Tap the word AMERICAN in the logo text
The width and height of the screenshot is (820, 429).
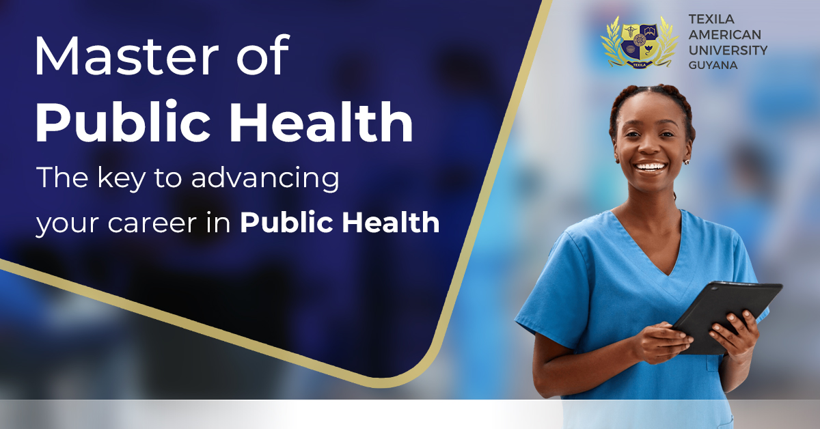click(x=725, y=35)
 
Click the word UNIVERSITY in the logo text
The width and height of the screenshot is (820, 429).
click(x=728, y=51)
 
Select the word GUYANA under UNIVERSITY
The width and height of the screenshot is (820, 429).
click(x=713, y=66)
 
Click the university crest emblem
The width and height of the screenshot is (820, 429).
click(x=639, y=41)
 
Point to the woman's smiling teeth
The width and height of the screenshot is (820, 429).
click(x=651, y=167)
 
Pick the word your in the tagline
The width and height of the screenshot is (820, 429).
click(x=64, y=224)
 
